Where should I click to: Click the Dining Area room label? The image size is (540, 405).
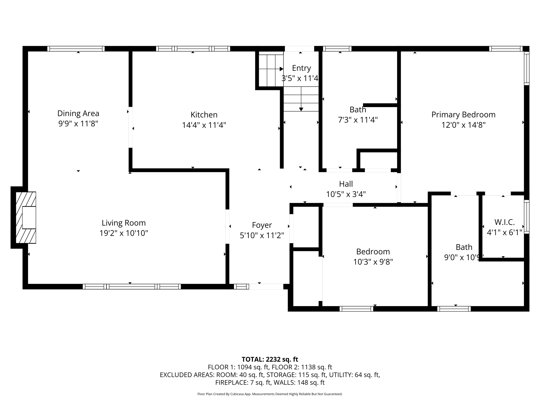(78, 113)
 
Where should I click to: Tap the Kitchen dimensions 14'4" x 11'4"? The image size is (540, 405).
(204, 125)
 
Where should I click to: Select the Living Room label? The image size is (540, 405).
(124, 223)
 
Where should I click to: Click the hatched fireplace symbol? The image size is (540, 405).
(26, 218)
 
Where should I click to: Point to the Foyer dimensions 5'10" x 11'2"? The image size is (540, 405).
(262, 235)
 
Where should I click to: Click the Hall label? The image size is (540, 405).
(346, 184)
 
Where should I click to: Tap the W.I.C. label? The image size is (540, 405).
(504, 222)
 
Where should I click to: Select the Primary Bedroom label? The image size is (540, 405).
(463, 115)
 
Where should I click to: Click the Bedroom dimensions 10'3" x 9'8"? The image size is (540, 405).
(373, 262)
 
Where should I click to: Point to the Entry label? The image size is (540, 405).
(301, 68)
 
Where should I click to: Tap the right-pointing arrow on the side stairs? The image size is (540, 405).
(281, 69)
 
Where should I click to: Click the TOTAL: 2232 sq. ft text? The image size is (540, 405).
(270, 359)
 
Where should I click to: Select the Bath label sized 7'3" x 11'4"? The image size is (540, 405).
(358, 109)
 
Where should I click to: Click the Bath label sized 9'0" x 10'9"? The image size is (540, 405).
(464, 247)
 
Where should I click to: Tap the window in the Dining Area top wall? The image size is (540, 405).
(76, 49)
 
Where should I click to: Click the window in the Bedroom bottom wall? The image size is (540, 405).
(356, 309)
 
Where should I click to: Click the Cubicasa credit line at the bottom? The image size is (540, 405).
(270, 394)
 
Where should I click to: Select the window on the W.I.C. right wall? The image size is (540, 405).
(526, 217)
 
